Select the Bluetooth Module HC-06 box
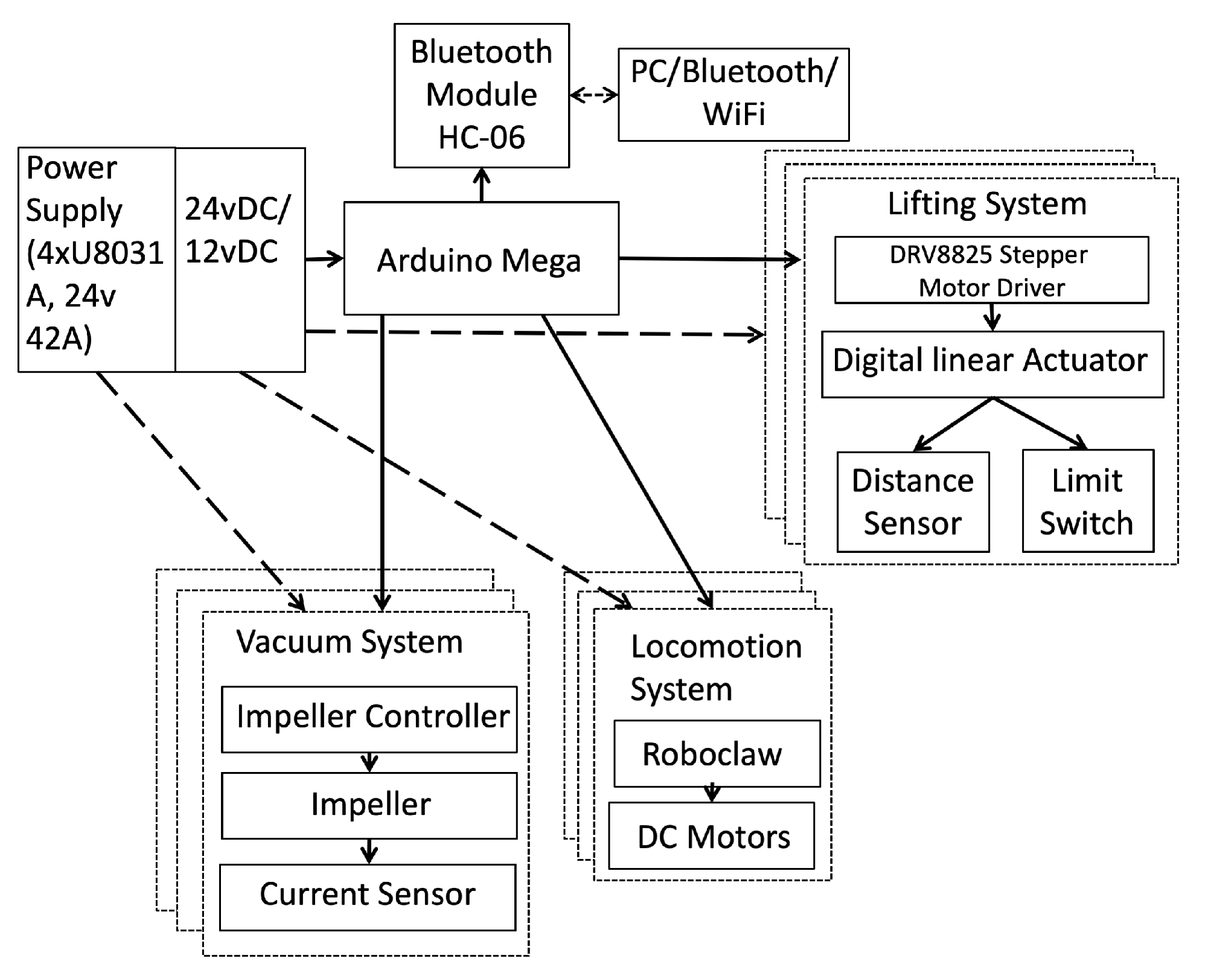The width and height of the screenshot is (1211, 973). tap(481, 95)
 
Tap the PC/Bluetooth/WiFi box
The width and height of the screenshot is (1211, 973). tap(733, 95)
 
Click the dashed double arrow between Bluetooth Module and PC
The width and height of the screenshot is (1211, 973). tap(593, 95)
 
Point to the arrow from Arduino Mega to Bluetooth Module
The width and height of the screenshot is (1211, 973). tap(481, 185)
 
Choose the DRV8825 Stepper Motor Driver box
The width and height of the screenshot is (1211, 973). tap(991, 270)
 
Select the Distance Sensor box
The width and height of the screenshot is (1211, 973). tap(912, 502)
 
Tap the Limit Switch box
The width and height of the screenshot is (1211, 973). tap(1087, 501)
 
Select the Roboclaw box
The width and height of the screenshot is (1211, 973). tap(717, 753)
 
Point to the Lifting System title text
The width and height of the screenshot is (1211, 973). tap(986, 204)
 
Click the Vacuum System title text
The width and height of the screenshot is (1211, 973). tap(349, 642)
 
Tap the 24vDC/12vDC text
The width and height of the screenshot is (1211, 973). tap(237, 230)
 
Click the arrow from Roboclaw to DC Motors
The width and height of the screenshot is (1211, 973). tap(712, 793)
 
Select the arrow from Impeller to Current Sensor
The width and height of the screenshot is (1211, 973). tap(369, 851)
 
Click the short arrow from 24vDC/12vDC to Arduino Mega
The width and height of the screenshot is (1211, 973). tap(324, 260)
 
